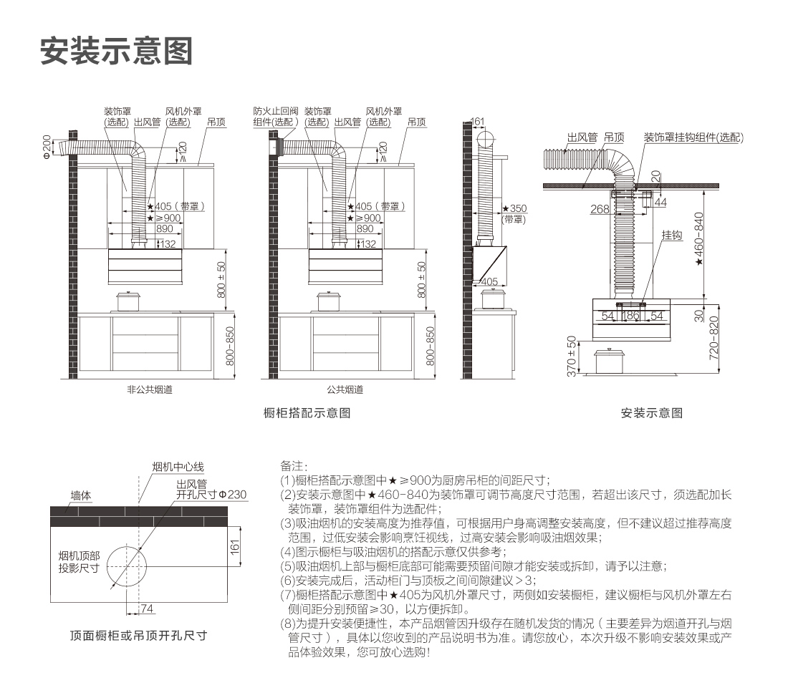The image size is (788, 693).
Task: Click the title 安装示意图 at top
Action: click(x=117, y=51)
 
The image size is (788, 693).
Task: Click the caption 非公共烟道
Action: click(x=149, y=390)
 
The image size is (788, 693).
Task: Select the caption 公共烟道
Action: click(x=345, y=390)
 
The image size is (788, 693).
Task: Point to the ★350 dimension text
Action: click(x=514, y=208)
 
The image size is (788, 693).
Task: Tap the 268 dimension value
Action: click(x=600, y=209)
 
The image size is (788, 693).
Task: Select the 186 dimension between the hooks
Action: click(x=632, y=316)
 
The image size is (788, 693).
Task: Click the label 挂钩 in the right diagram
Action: click(x=671, y=235)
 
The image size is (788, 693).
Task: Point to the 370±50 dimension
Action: click(x=571, y=356)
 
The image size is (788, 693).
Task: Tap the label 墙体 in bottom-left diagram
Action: click(x=81, y=495)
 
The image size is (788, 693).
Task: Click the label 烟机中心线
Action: click(x=178, y=466)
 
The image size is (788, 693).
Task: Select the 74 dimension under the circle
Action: click(x=147, y=609)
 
